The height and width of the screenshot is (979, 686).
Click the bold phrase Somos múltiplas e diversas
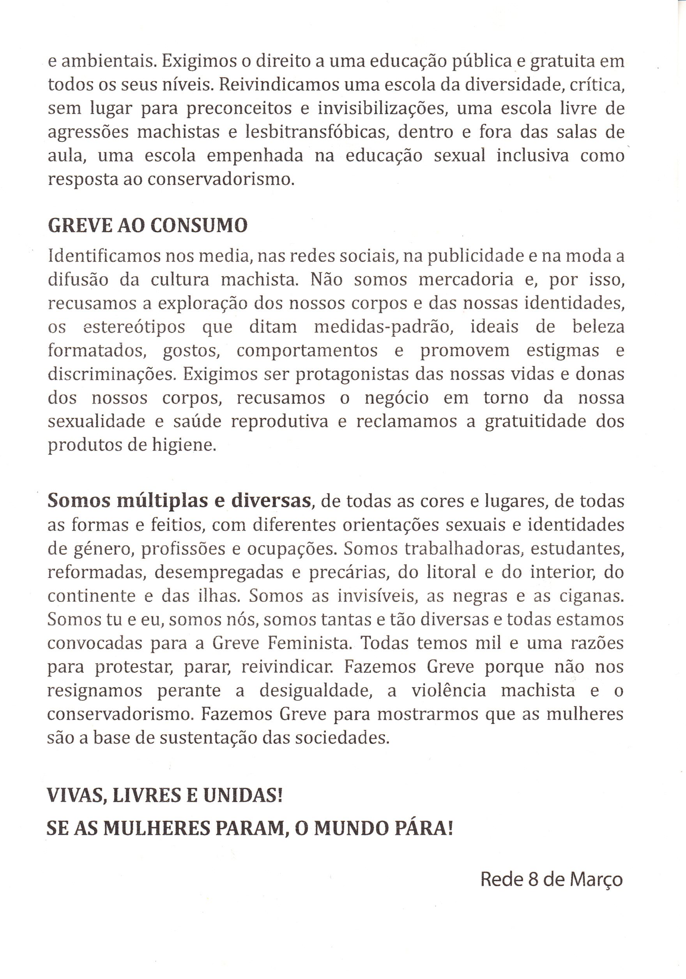pos(179,500)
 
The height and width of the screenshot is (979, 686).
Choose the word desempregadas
pos(219,572)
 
